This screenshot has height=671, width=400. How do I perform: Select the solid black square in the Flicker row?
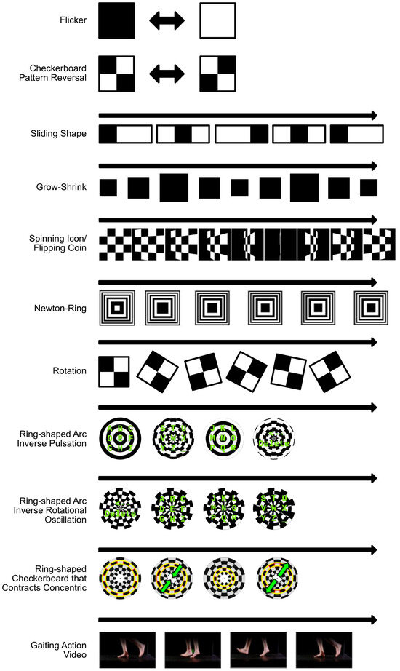point(116,20)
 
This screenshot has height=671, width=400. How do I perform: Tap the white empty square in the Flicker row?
point(217,20)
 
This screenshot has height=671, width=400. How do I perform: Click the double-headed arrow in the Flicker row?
point(167,20)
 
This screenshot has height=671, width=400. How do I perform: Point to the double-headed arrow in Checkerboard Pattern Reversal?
point(167,73)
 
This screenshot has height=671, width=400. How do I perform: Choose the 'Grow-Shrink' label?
point(63,187)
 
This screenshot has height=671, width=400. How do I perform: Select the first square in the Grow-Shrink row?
point(108,188)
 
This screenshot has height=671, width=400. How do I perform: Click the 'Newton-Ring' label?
point(61,309)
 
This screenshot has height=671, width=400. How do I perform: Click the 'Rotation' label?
point(70,370)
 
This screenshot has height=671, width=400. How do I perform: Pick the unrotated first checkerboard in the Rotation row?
point(113,370)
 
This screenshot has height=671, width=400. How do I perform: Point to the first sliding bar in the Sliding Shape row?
point(125,134)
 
